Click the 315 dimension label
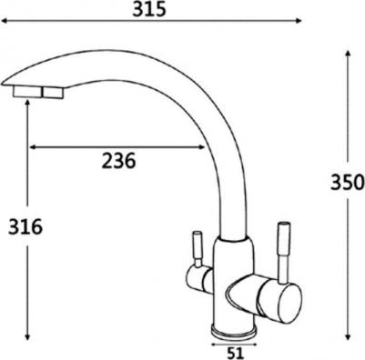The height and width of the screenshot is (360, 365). click(149, 9)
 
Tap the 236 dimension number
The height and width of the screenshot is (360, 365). click(118, 161)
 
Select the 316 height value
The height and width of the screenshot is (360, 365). click(25, 226)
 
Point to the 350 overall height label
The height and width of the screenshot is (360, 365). click(348, 183)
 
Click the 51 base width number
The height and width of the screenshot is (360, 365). click(236, 353)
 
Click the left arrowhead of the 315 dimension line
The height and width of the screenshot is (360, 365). click(5, 21)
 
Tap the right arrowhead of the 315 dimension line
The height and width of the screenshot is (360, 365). click(299, 21)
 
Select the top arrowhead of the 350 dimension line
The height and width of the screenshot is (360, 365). click(348, 54)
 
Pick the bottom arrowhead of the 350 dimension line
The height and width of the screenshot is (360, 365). click(348, 336)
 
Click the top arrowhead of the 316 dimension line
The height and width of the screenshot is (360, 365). click(27, 103)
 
